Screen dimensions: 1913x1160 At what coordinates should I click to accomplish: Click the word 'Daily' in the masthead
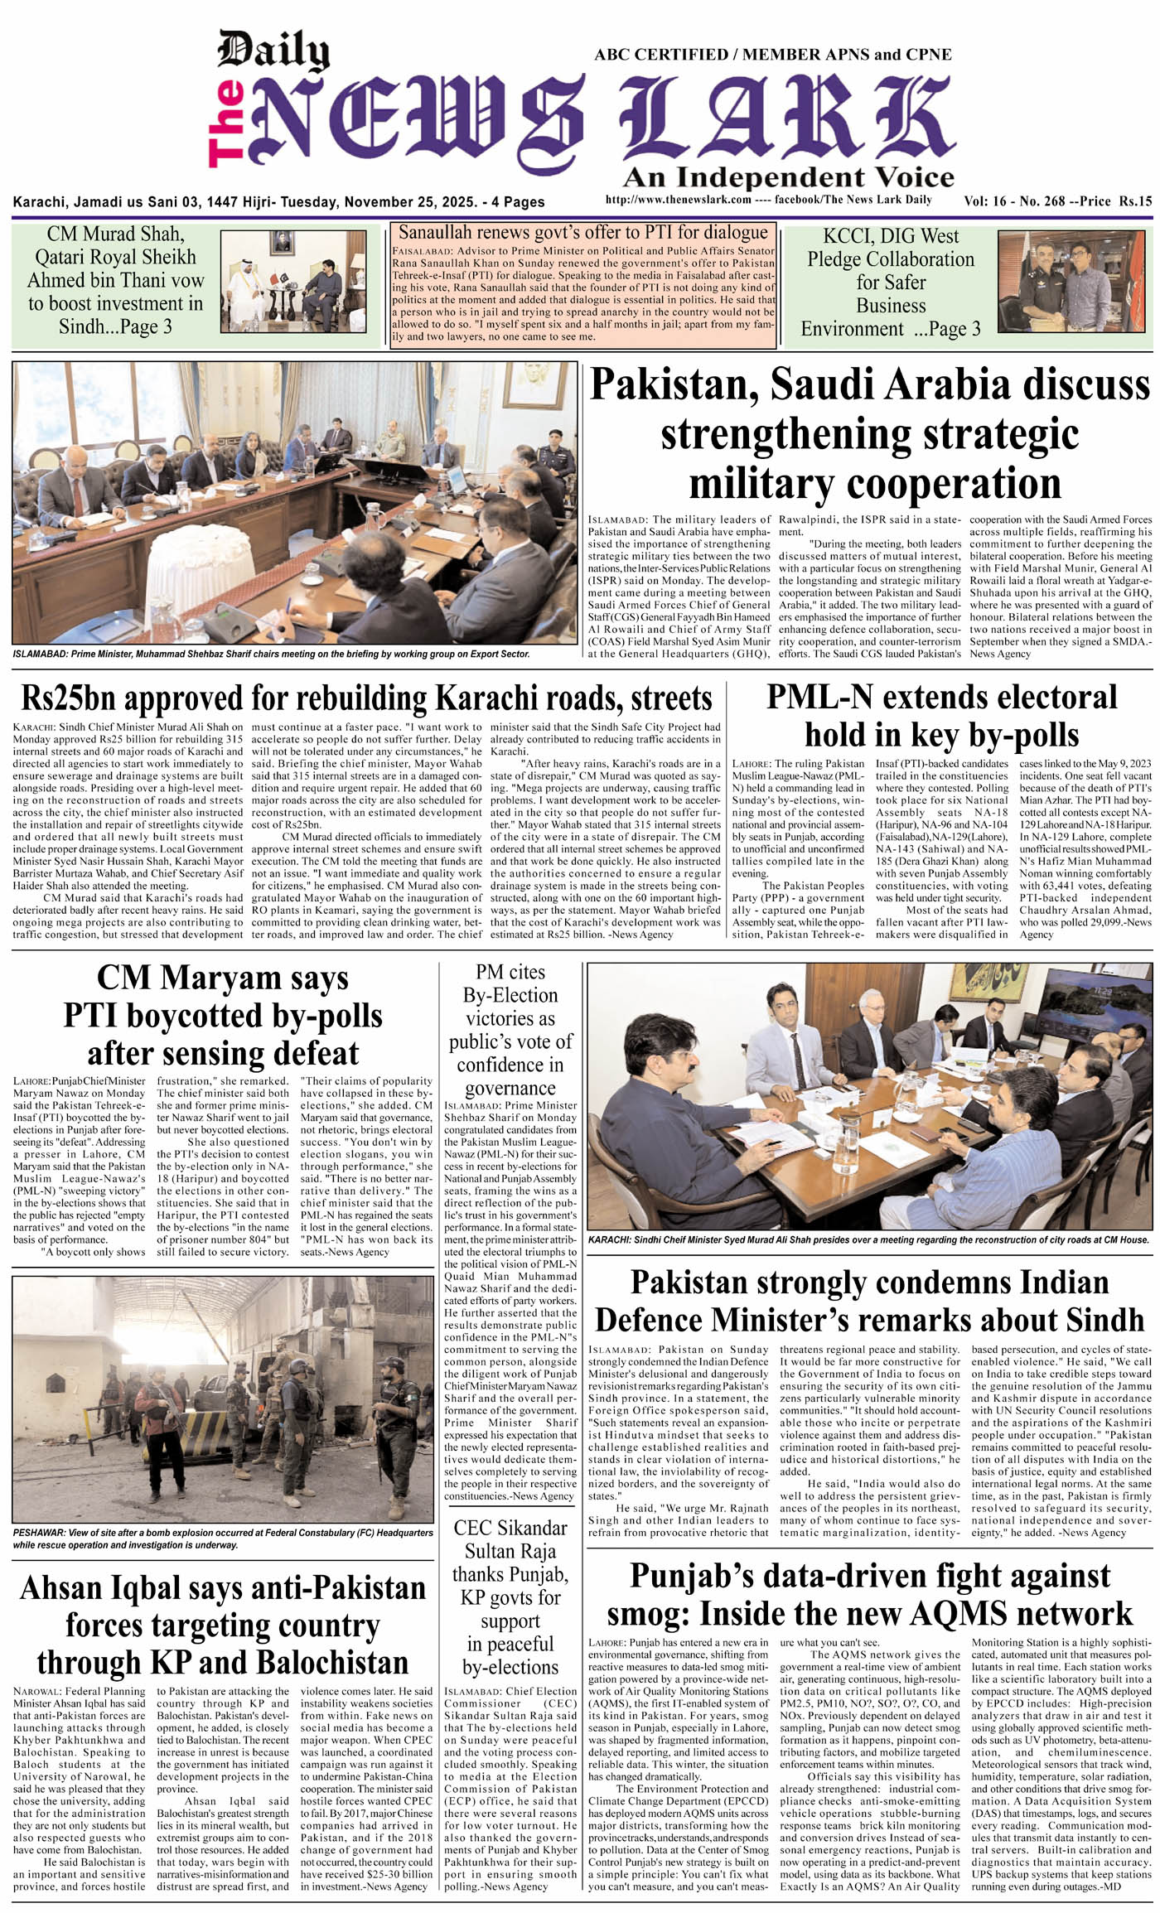pyautogui.click(x=273, y=51)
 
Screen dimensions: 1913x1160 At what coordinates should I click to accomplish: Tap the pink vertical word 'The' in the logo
pyautogui.click(x=226, y=123)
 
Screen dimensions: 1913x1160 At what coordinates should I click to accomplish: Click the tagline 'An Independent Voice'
pyautogui.click(x=788, y=177)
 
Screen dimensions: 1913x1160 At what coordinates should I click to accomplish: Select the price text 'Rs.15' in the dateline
pyautogui.click(x=1134, y=200)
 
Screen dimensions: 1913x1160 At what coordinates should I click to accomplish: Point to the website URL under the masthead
pyautogui.click(x=678, y=200)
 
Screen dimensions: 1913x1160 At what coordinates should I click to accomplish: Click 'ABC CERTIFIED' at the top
pyautogui.click(x=660, y=55)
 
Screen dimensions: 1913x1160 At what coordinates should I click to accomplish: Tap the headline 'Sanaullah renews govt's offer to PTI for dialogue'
pyautogui.click(x=583, y=232)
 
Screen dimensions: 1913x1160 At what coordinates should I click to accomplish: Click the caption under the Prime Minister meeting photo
pyautogui.click(x=271, y=654)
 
